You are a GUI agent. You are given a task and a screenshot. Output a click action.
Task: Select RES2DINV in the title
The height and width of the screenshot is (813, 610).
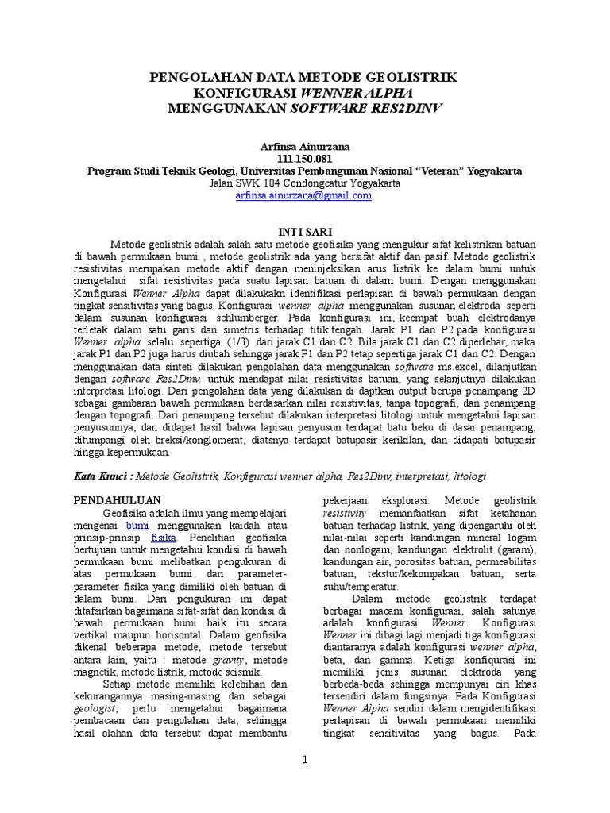point(407,107)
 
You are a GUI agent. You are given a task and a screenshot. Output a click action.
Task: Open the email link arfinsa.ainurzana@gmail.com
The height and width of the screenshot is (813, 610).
point(304,195)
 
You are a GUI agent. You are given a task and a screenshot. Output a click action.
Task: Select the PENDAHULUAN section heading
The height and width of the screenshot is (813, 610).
point(117,500)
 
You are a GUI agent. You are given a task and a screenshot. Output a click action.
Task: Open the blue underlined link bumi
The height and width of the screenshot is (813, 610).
point(137,526)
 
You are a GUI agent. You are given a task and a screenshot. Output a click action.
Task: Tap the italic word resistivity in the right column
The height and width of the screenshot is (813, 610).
point(342,514)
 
